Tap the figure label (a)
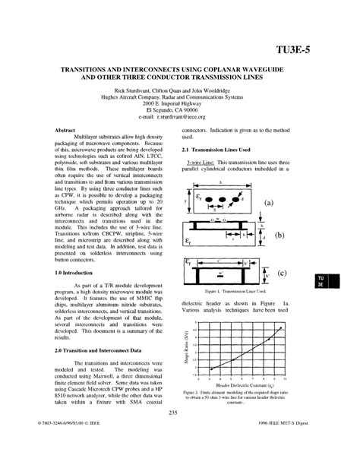pyautogui.click(x=267, y=203)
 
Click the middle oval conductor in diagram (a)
pyautogui.click(x=222, y=202)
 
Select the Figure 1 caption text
pyautogui.click(x=234, y=290)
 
